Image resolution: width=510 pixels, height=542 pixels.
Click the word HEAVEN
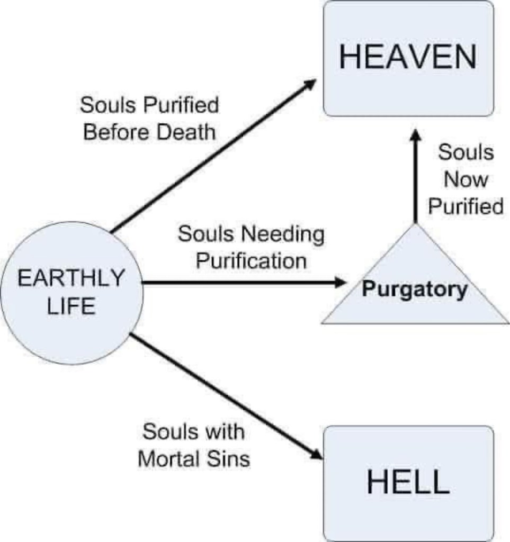point(408,57)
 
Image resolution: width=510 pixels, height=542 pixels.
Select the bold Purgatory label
point(415,290)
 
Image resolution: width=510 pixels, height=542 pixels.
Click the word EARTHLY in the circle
point(71,278)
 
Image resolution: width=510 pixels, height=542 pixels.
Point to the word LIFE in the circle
point(71,306)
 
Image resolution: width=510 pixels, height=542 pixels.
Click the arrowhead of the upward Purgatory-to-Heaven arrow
point(416,136)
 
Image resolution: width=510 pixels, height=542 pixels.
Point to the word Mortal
point(169,458)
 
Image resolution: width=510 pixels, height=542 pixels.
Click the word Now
point(465,179)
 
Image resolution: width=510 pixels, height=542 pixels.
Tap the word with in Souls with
point(222,432)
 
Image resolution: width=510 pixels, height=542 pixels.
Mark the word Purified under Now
point(465,206)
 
